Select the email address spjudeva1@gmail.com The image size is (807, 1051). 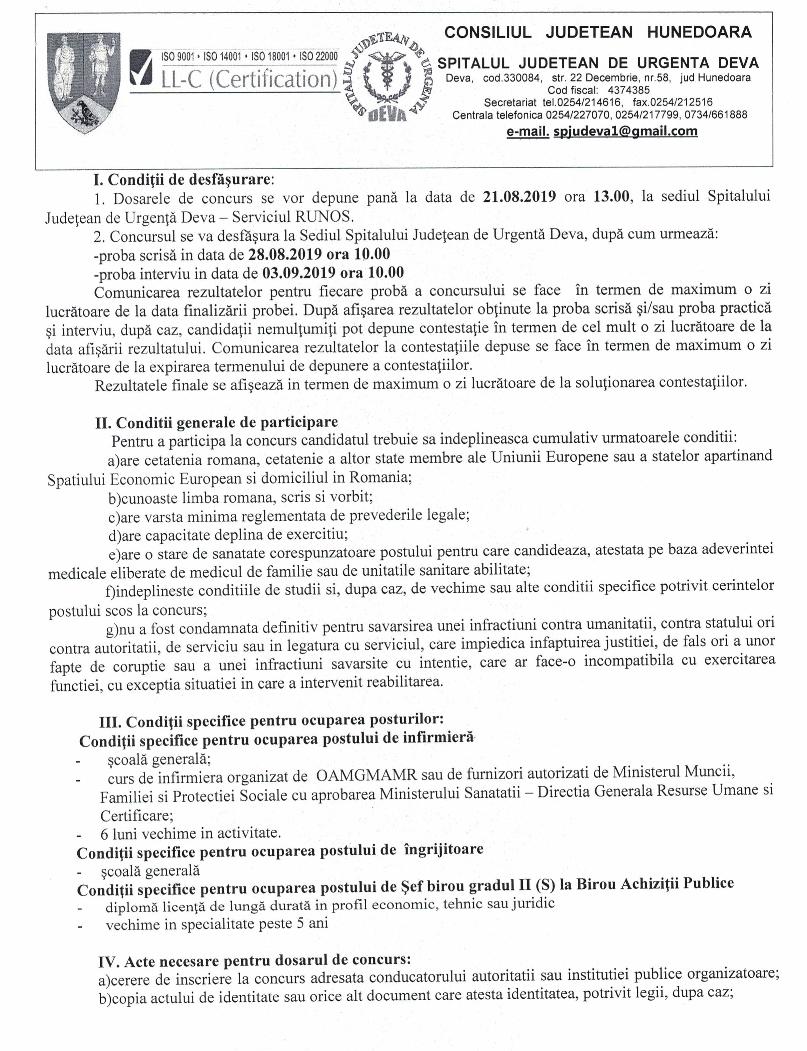pyautogui.click(x=625, y=131)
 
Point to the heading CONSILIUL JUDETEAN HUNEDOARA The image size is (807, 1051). pyautogui.click(x=598, y=32)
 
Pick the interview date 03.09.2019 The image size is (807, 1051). pyautogui.click(x=299, y=273)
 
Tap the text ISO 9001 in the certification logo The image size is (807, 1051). pyautogui.click(x=177, y=57)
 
